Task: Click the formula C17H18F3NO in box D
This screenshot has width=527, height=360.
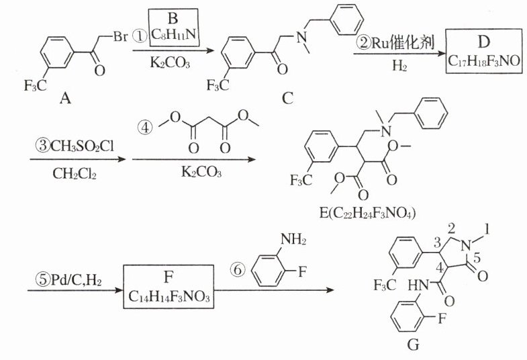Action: (x=483, y=60)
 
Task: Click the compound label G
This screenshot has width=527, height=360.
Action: (x=413, y=346)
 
